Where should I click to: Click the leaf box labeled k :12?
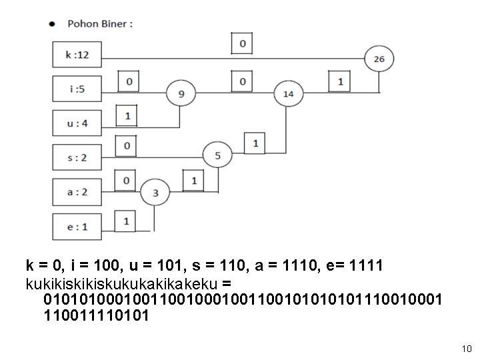coord(77,55)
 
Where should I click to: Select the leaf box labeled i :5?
coord(77,89)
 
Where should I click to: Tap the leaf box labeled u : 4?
coord(77,123)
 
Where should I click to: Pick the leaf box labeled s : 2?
coord(77,157)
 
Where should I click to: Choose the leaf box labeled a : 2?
coord(77,192)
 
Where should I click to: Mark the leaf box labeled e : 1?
coord(77,227)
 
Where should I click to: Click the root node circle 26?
coord(379,59)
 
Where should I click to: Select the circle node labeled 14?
coord(289,94)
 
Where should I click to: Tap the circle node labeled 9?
coord(181,93)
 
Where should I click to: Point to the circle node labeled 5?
coord(217,155)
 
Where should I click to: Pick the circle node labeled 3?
coord(155,193)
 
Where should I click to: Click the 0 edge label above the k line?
coord(242,43)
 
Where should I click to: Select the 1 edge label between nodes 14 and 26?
coord(339,81)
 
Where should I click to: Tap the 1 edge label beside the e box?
coord(125,221)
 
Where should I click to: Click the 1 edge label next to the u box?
coord(127,115)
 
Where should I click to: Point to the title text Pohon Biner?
coord(100,24)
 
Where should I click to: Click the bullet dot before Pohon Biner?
coord(52,24)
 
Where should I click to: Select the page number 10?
coord(467,349)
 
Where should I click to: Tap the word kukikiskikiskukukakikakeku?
coord(121,284)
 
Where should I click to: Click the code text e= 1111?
coord(355,265)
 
